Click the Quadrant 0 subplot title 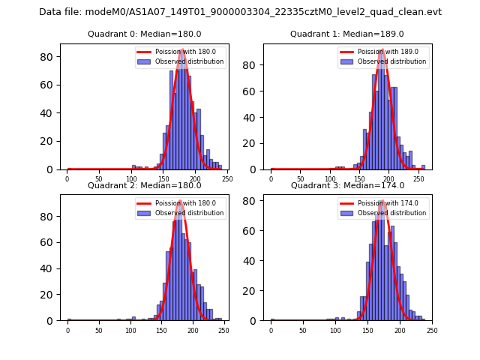[x=144, y=34]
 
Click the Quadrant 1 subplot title [x=347, y=34]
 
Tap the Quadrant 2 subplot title [x=144, y=185]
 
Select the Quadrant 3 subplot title [x=347, y=185]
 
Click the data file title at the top [x=240, y=12]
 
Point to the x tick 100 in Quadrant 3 [x=335, y=331]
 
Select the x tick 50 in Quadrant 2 [x=99, y=331]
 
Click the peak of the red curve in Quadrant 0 [x=182, y=51]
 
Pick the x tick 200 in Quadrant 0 [x=195, y=180]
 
